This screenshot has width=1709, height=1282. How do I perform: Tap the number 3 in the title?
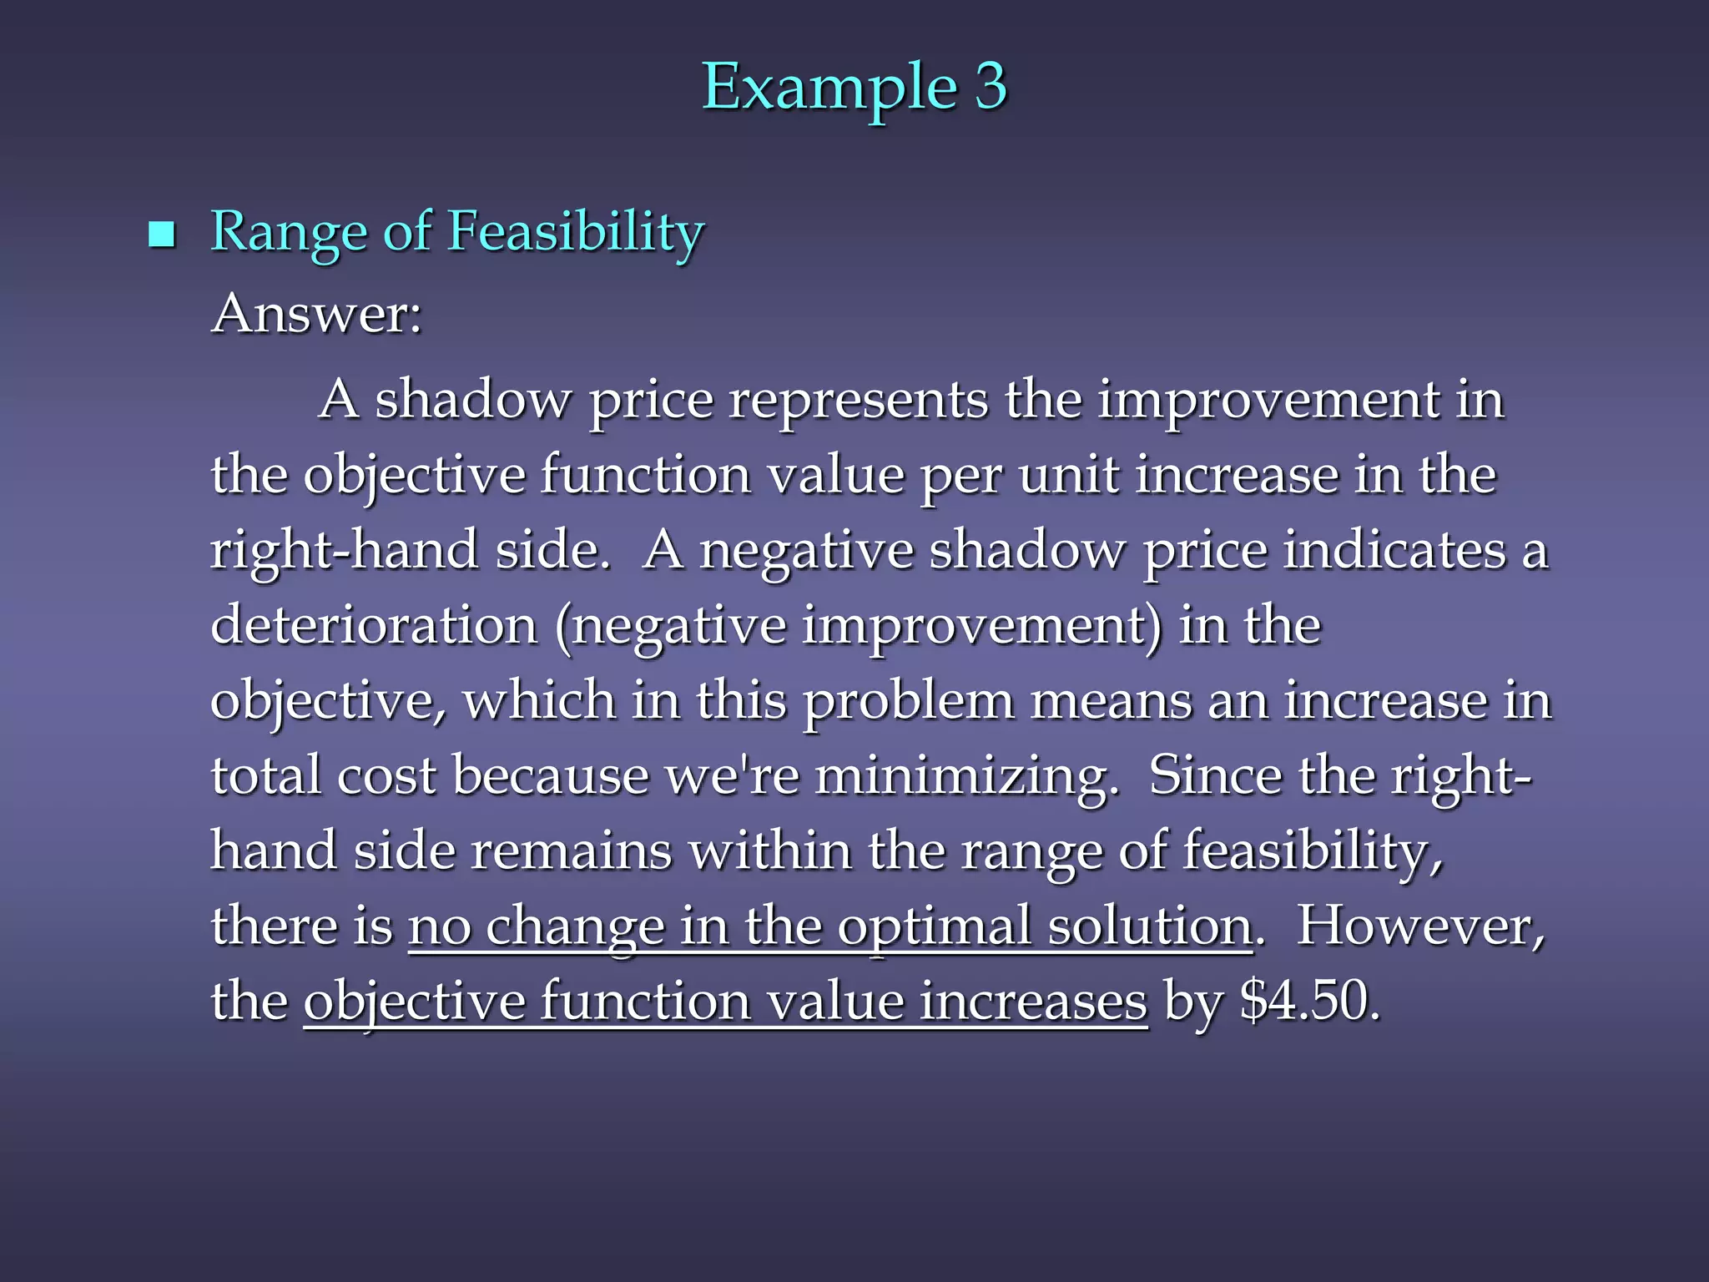(991, 87)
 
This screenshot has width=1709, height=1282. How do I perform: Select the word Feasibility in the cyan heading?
(576, 232)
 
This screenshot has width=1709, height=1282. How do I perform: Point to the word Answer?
(316, 315)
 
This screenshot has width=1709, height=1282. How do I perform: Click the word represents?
(858, 401)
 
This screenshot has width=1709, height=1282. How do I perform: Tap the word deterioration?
(374, 626)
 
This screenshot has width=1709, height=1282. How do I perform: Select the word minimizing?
(965, 776)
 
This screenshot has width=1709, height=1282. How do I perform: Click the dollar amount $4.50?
(1308, 1002)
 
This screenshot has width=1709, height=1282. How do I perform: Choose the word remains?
(571, 851)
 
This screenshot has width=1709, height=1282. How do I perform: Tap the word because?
(551, 776)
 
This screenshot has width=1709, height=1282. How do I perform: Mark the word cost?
(386, 776)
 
